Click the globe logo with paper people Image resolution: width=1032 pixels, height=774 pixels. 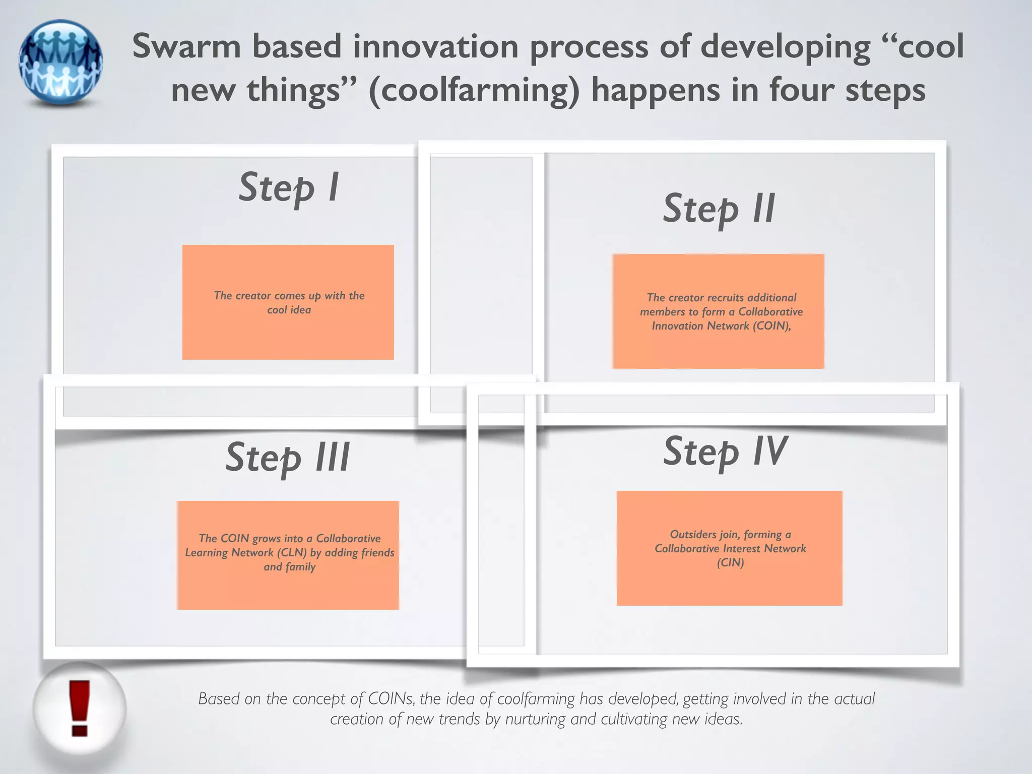pos(61,62)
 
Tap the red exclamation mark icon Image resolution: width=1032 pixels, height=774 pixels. pos(79,707)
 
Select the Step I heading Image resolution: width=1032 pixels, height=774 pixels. pos(289,187)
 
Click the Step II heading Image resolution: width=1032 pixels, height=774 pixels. pos(719,209)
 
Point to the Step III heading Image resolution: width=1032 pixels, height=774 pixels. pos(288,457)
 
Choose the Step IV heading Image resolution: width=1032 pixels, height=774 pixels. pos(725,451)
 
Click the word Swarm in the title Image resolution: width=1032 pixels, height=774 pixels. pos(186,46)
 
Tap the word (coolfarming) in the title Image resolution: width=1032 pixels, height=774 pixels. pos(474,91)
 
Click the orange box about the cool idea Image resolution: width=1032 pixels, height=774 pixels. pos(288,302)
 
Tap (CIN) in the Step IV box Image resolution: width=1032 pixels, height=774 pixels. pos(730,563)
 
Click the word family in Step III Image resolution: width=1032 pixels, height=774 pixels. pos(300,567)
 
